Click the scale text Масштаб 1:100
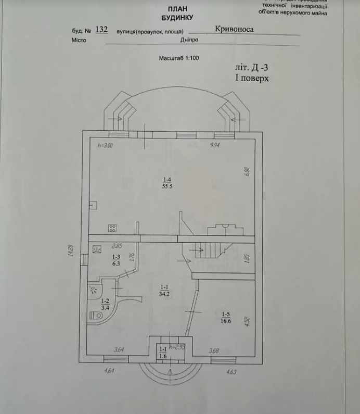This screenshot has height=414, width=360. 179,58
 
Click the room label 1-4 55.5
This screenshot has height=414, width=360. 166,182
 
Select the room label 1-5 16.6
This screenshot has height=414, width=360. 226,317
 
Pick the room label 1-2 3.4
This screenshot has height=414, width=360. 105,304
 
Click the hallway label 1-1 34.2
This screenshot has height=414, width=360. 164,291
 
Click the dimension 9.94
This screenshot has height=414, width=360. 215,146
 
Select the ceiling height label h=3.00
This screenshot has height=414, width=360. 105,146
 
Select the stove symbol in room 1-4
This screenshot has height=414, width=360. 112,228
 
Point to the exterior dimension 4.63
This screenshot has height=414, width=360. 231,371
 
